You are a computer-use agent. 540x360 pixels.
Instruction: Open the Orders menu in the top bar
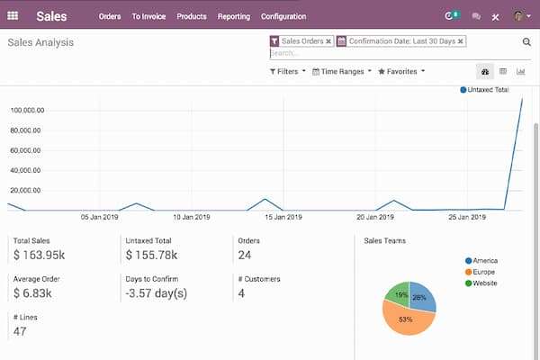coord(110,16)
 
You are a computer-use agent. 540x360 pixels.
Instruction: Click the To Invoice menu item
coord(148,16)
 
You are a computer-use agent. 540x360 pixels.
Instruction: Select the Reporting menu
coord(233,16)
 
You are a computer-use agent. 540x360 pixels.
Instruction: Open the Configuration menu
coord(283,16)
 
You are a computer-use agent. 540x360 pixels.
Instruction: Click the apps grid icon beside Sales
coord(13,16)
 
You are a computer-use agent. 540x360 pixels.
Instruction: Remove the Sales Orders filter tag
coord(328,41)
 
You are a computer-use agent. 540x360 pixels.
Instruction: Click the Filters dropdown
coord(288,71)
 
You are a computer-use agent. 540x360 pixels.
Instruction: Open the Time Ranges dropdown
coord(341,71)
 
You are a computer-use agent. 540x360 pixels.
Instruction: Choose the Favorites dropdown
coord(401,71)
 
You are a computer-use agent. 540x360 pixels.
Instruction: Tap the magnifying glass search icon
coord(526,41)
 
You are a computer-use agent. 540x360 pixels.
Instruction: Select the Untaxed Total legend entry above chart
coord(486,90)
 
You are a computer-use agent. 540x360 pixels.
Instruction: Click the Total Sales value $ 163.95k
coord(40,256)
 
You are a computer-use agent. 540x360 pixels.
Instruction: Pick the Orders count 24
coord(246,256)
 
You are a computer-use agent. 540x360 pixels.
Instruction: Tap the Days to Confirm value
coord(157,294)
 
